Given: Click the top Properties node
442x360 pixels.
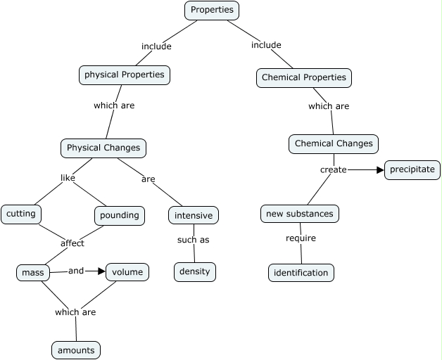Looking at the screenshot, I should click(212, 11).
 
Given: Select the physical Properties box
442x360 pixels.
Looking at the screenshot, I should click(124, 75).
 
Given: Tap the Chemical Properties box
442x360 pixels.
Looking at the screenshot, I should click(303, 77).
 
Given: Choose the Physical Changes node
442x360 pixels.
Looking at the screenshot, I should click(103, 148).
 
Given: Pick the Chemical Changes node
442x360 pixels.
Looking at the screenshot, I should click(334, 143).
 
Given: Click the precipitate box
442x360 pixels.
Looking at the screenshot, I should click(412, 169).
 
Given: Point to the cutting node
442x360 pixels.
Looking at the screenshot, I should click(20, 214).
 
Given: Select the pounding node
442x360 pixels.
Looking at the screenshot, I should click(120, 215).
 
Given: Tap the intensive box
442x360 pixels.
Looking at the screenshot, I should click(193, 215).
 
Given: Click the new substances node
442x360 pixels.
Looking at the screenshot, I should click(300, 213).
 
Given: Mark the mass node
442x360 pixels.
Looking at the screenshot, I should click(33, 272).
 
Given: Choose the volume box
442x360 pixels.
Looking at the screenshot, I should click(127, 271).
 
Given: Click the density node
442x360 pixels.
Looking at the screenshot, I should click(194, 271).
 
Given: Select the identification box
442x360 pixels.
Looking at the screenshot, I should click(301, 272).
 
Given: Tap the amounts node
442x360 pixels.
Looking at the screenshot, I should click(76, 349).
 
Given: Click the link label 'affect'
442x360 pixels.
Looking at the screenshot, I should click(72, 243).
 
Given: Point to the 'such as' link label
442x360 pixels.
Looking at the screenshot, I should click(193, 240).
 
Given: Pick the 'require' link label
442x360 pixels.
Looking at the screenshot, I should click(301, 238).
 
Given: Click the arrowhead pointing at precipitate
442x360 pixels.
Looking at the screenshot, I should click(380, 169).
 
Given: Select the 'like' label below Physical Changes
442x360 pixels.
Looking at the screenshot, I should click(68, 178).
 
